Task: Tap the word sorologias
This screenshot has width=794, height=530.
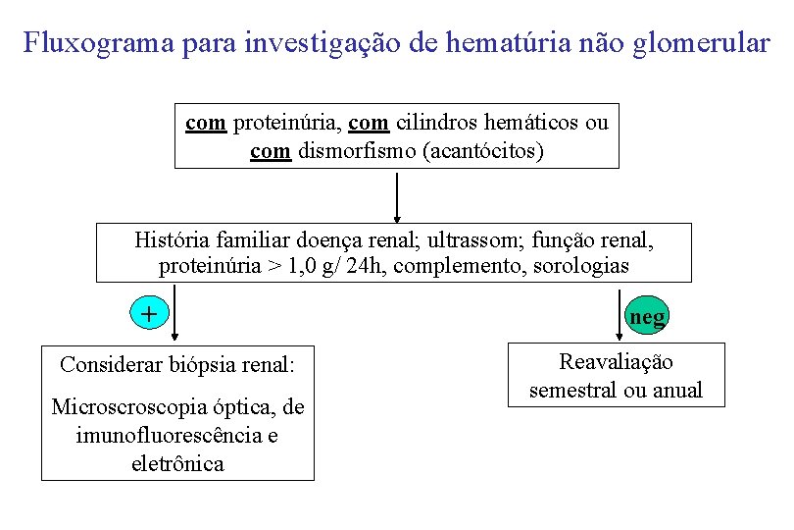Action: (580, 266)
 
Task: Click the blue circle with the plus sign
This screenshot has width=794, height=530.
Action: (148, 314)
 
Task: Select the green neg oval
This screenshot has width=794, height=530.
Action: (647, 316)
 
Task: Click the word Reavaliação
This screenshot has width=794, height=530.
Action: (616, 362)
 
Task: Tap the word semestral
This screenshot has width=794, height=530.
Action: (572, 390)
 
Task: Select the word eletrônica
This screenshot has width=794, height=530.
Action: (177, 463)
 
